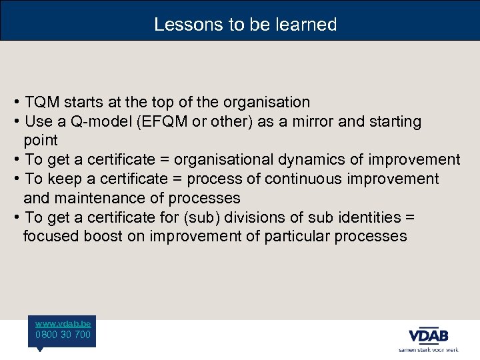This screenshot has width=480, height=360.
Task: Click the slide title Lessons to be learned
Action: click(245, 25)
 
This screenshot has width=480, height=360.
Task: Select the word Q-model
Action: click(85, 122)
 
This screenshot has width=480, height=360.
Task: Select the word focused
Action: click(51, 237)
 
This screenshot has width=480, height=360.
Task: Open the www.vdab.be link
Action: click(63, 323)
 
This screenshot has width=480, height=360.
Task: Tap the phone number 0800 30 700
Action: click(63, 335)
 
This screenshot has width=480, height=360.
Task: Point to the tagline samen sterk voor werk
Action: click(429, 349)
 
